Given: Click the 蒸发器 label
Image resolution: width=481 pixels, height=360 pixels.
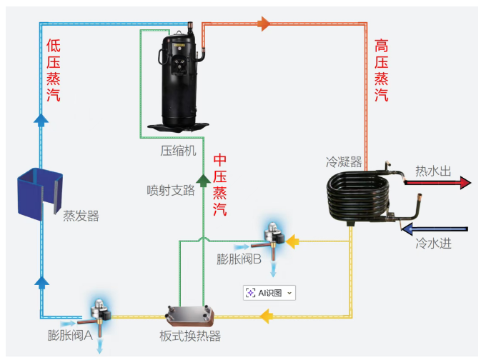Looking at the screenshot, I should tap(81, 215).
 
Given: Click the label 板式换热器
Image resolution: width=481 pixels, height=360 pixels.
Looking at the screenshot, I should tap(190, 336).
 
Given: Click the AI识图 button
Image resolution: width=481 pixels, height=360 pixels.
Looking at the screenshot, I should tap(269, 293).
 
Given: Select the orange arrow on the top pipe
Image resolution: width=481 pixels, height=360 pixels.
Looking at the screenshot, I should tap(263, 24).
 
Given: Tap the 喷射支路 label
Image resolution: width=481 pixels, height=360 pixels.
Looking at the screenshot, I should tap(171, 190).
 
